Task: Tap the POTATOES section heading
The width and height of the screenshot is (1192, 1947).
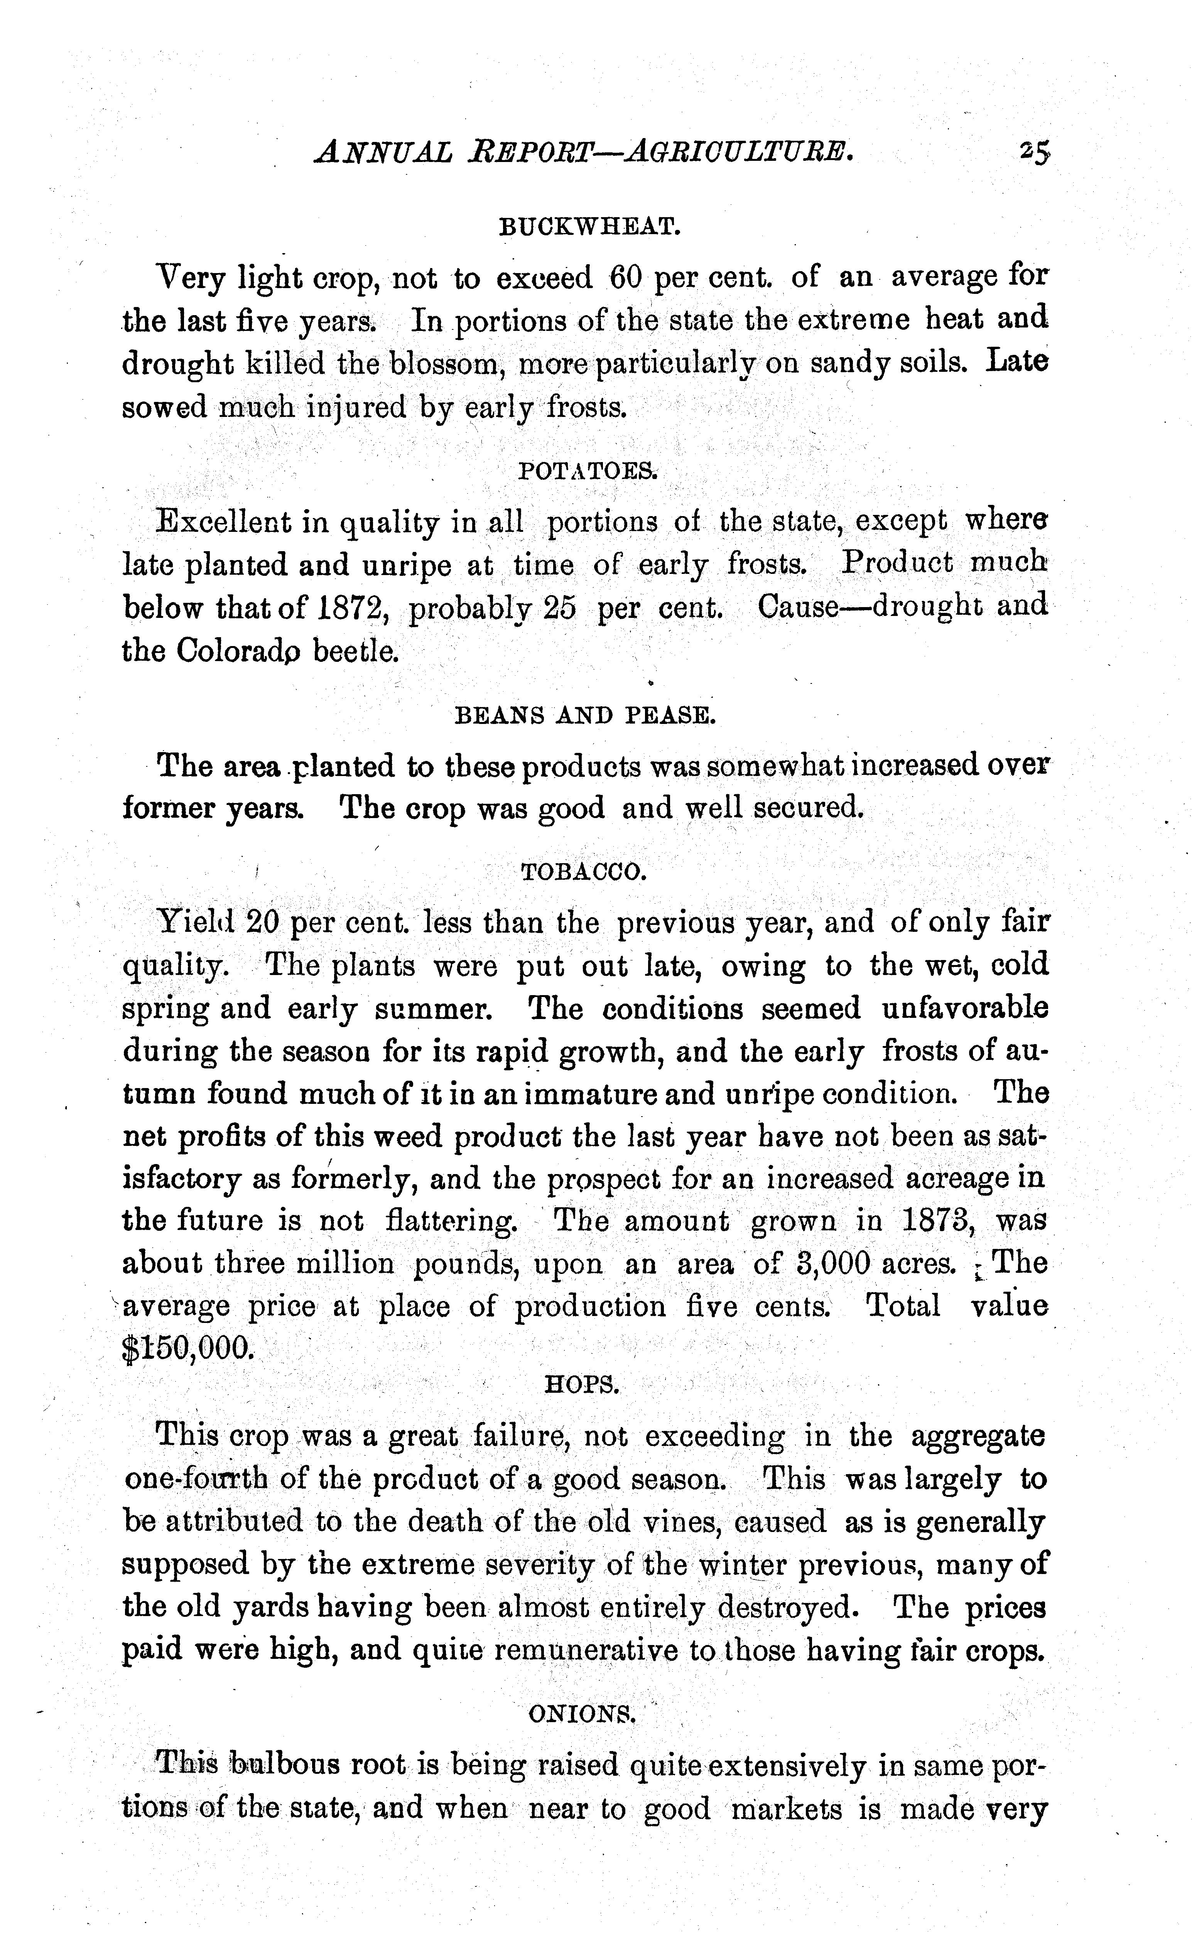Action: click(x=587, y=472)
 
